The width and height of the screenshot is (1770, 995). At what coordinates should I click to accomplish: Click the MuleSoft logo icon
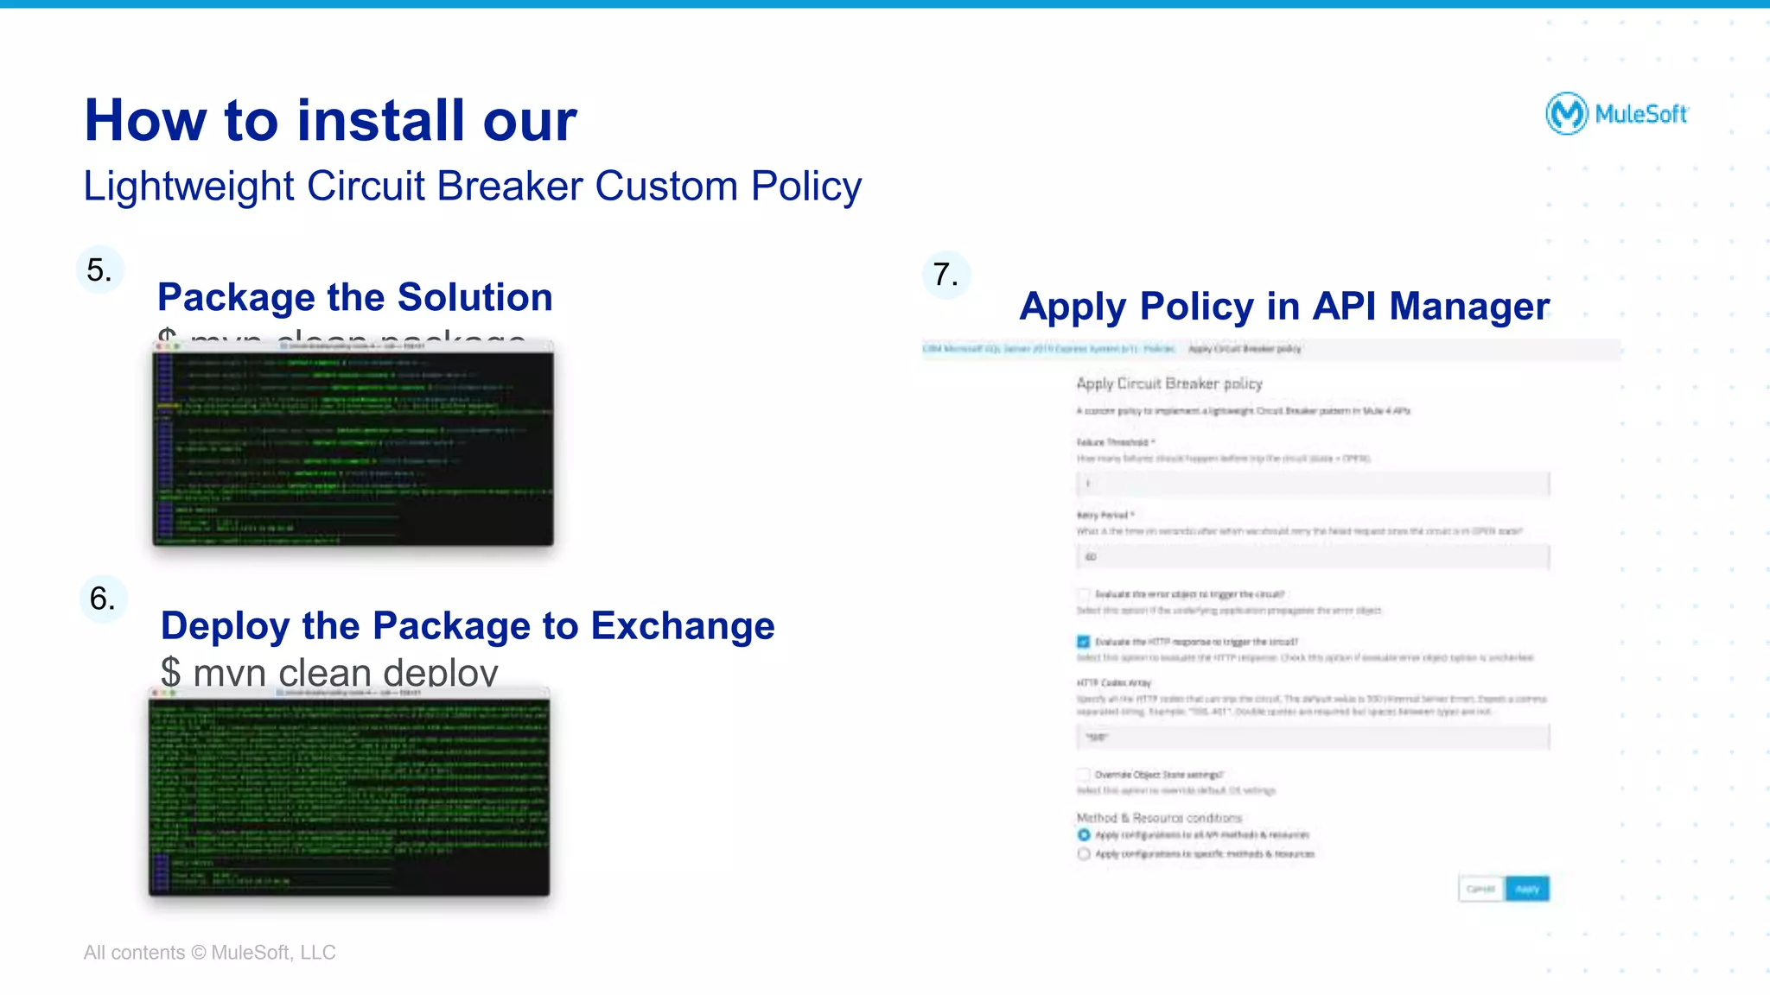click(1566, 113)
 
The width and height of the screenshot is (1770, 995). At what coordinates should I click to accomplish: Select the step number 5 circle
click(100, 270)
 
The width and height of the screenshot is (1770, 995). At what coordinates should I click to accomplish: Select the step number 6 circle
click(103, 599)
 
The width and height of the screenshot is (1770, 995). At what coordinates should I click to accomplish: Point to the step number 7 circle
click(946, 275)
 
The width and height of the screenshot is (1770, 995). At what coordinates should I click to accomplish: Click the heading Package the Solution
click(354, 297)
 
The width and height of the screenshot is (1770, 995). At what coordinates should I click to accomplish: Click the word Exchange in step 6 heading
click(683, 625)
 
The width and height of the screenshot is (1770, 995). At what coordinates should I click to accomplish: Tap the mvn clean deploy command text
click(329, 672)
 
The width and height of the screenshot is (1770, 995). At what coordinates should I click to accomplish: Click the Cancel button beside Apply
click(1480, 889)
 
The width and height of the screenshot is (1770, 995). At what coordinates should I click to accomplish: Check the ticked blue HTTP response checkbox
click(1083, 642)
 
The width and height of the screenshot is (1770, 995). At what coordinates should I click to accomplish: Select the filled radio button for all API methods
click(1084, 835)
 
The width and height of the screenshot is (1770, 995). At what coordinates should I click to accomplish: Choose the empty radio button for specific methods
click(1084, 854)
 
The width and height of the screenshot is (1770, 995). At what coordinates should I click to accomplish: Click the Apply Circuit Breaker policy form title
click(1168, 383)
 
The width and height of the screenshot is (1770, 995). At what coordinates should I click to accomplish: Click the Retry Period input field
click(1312, 557)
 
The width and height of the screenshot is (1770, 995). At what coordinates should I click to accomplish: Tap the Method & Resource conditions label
click(1158, 818)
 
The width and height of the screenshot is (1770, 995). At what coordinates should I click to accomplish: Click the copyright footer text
click(209, 953)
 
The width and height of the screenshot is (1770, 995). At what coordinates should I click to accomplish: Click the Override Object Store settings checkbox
click(1083, 775)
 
